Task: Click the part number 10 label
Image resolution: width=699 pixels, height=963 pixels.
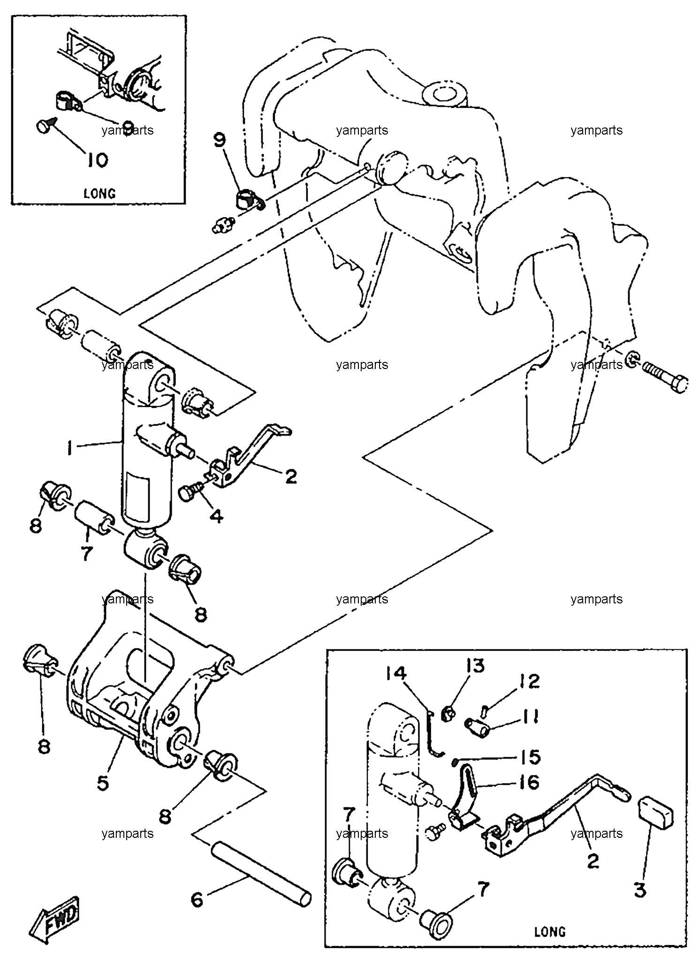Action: (x=97, y=161)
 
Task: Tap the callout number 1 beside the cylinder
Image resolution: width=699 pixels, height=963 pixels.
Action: (x=69, y=450)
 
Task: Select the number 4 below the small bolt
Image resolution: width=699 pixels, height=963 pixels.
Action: (x=216, y=516)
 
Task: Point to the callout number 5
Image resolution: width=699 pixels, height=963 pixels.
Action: (x=102, y=782)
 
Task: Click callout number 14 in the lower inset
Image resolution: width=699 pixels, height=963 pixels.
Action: (x=397, y=675)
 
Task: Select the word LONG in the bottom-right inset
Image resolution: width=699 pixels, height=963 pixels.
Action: (x=550, y=931)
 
